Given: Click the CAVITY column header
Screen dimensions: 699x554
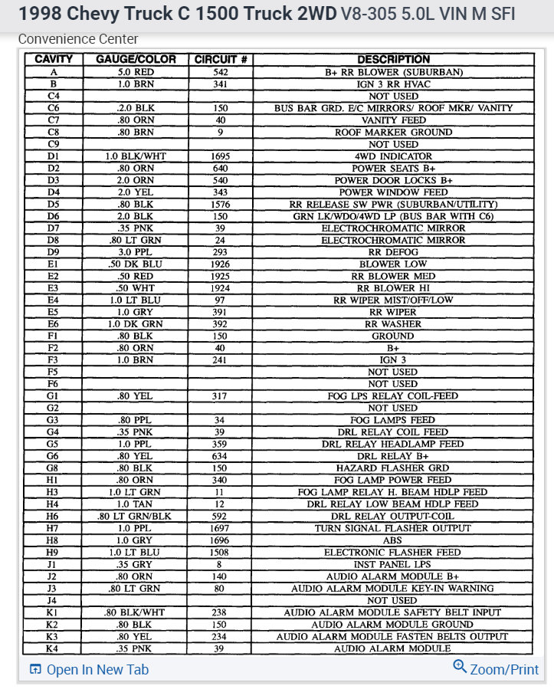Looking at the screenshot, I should pyautogui.click(x=54, y=60).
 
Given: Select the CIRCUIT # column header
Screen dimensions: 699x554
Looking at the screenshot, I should pyautogui.click(x=220, y=60).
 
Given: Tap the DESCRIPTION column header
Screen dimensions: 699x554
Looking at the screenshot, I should pyautogui.click(x=393, y=60).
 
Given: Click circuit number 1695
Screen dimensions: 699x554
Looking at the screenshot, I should pyautogui.click(x=220, y=156).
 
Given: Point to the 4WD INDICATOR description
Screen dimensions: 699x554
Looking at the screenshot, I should pyautogui.click(x=393, y=156).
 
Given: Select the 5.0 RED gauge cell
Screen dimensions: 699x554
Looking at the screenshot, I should pyautogui.click(x=136, y=72).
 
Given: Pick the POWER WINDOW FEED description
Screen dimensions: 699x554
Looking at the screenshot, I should pyautogui.click(x=393, y=192).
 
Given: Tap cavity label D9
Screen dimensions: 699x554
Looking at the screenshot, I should pyautogui.click(x=54, y=252).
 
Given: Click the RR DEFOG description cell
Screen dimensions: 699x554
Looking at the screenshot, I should pyautogui.click(x=393, y=252).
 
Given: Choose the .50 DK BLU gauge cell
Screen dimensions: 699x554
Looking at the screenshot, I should pyautogui.click(x=136, y=264).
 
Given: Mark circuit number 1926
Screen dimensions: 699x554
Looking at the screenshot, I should pyautogui.click(x=220, y=264).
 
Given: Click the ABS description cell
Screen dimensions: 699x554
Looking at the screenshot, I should pyautogui.click(x=393, y=540).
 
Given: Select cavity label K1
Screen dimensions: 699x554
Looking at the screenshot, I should pyautogui.click(x=54, y=612).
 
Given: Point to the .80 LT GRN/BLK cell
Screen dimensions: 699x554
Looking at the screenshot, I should pyautogui.click(x=136, y=517).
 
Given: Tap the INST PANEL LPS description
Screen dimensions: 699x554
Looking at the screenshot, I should pyautogui.click(x=393, y=565).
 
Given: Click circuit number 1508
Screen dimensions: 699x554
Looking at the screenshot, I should pyautogui.click(x=220, y=553).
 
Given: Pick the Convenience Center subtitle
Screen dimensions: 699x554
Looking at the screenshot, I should pyautogui.click(x=78, y=39).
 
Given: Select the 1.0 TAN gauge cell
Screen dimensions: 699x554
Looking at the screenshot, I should pyautogui.click(x=136, y=504).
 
